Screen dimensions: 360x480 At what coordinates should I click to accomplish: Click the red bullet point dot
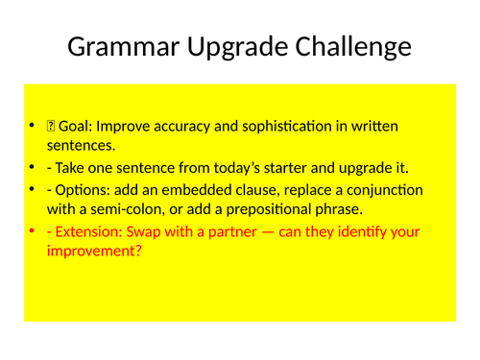pos(34,232)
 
